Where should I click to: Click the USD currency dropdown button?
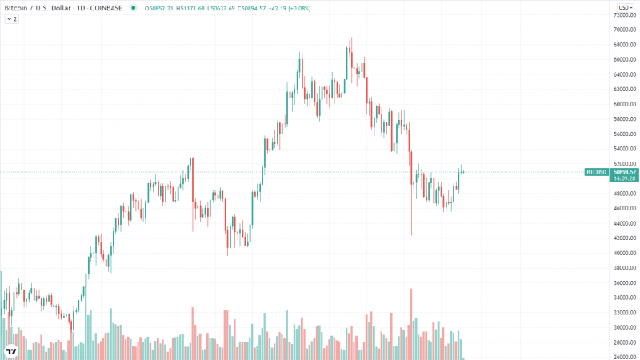click(623, 7)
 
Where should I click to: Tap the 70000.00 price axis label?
click(625, 30)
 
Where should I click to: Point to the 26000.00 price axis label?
click(625, 357)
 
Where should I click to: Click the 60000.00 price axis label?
click(625, 104)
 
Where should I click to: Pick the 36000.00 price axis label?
click(625, 282)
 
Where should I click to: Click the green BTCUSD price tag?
click(596, 172)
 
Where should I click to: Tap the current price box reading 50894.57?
click(624, 172)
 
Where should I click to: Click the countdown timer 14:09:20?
click(624, 179)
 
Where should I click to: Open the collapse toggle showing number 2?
click(12, 18)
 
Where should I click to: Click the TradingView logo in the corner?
click(12, 350)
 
